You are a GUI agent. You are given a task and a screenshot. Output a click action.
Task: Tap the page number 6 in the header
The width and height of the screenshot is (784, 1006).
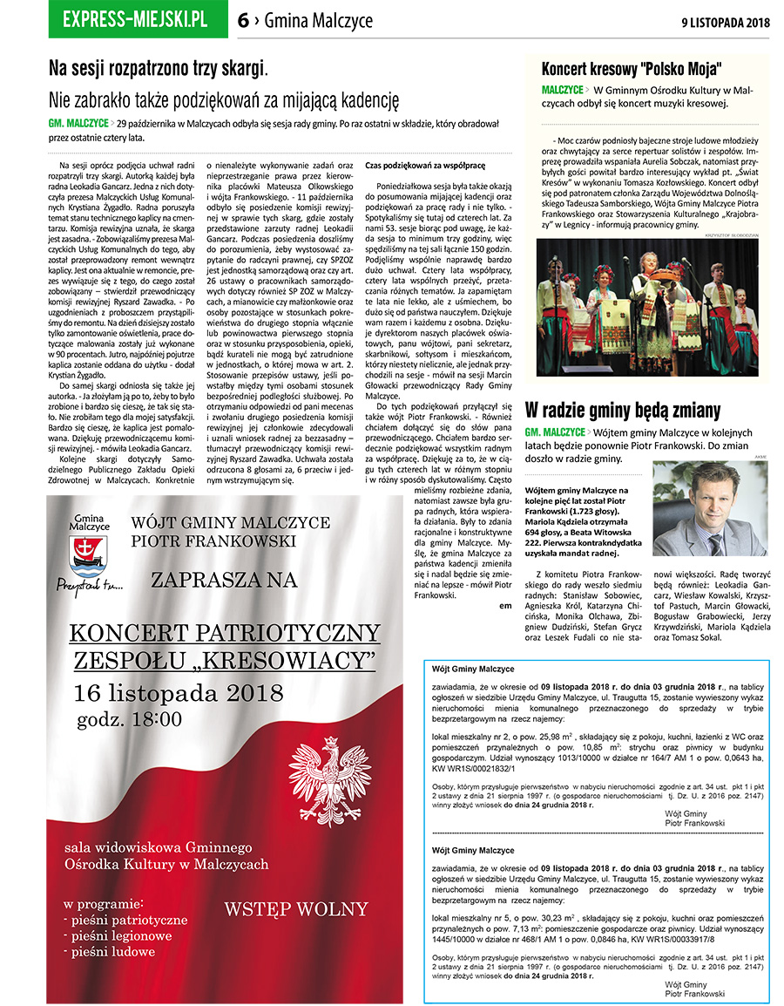[x=244, y=21]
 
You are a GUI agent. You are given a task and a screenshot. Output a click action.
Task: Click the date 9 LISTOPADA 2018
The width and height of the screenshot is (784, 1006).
[x=726, y=22]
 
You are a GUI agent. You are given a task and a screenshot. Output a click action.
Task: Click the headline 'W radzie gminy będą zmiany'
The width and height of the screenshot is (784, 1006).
[x=623, y=409]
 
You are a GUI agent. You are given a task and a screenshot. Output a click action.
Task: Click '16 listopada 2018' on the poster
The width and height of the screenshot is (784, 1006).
[x=179, y=693]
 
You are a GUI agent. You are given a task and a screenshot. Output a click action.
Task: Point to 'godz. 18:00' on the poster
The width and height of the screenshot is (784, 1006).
[x=129, y=720]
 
